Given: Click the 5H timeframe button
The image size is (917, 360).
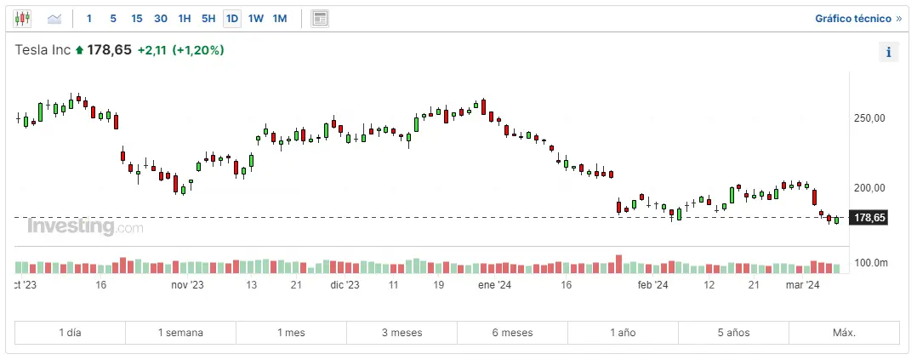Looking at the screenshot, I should pyautogui.click(x=208, y=18).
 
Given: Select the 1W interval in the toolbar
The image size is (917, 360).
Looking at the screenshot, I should pyautogui.click(x=256, y=18).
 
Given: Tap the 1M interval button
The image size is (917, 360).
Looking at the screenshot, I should pyautogui.click(x=280, y=18).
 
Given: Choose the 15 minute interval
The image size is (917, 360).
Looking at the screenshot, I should pyautogui.click(x=137, y=18).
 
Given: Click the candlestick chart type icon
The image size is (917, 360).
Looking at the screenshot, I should pyautogui.click(x=22, y=18).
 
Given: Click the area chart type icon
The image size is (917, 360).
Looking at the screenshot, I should pyautogui.click(x=54, y=18).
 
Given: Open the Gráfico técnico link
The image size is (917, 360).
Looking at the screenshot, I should pyautogui.click(x=858, y=18).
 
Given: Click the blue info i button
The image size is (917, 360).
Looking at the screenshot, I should pyautogui.click(x=888, y=53).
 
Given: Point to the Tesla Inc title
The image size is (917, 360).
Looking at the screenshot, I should pyautogui.click(x=43, y=50).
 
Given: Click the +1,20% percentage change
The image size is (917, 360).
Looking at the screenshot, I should pyautogui.click(x=198, y=50).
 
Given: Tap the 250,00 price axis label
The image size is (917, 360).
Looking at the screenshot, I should pyautogui.click(x=869, y=118).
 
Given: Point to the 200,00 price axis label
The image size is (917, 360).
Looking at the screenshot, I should pyautogui.click(x=869, y=188).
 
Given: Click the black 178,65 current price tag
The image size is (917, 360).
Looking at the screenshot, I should pyautogui.click(x=869, y=218).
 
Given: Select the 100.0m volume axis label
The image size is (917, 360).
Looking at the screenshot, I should pyautogui.click(x=870, y=263).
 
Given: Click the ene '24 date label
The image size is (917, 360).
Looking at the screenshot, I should pyautogui.click(x=493, y=286).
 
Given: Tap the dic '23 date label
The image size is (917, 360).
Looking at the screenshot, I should pyautogui.click(x=345, y=286).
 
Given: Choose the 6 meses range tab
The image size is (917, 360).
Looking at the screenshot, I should pyautogui.click(x=512, y=332).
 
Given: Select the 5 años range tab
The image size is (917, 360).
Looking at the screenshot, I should pyautogui.click(x=733, y=332).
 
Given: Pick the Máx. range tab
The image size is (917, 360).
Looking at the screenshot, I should pyautogui.click(x=844, y=332).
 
